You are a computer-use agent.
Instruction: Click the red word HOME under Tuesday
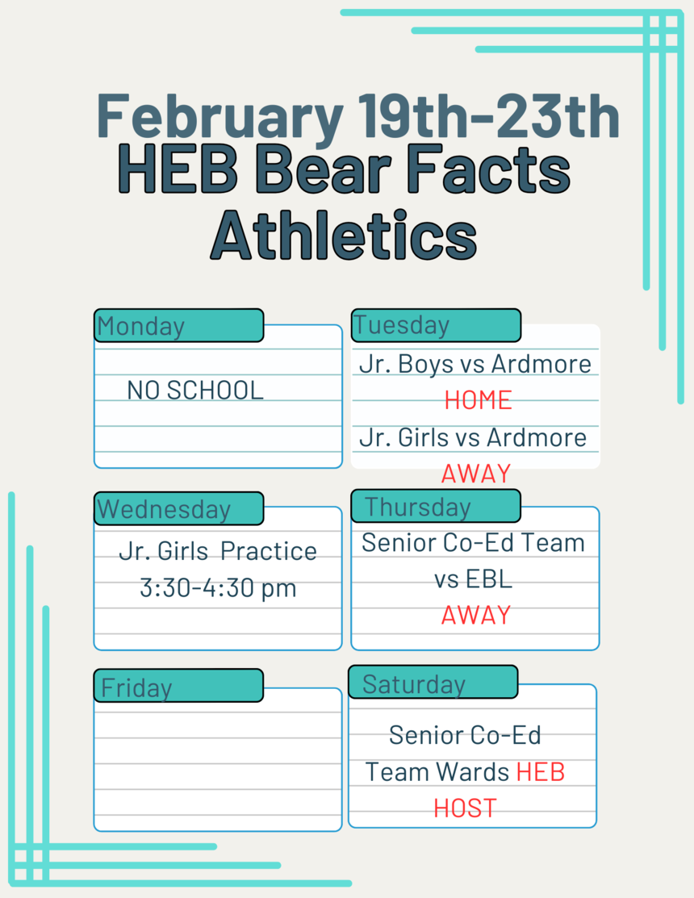478,400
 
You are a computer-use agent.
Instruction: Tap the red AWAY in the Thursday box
476,615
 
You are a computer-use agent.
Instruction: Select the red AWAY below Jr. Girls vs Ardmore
476,474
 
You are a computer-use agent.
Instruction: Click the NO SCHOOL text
195,391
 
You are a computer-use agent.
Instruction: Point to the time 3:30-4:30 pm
218,588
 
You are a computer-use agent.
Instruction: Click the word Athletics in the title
344,236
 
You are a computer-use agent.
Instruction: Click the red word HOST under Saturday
465,808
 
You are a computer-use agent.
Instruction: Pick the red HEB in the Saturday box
541,772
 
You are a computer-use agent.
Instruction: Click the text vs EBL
473,579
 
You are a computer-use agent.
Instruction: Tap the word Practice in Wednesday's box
269,552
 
